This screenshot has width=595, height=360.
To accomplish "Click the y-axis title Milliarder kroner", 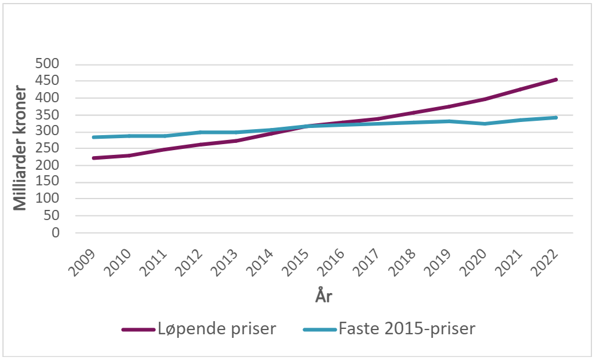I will pyautogui.click(x=21, y=148).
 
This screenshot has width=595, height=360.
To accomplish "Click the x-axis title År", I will pyautogui.click(x=325, y=295).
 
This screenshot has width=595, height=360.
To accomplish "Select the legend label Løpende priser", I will pyautogui.click(x=217, y=329).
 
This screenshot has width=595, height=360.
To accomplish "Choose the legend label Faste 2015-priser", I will pyautogui.click(x=407, y=329).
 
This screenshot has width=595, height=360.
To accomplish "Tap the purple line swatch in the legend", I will pyautogui.click(x=139, y=330).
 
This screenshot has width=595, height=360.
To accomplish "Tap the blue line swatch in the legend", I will pyautogui.click(x=319, y=330).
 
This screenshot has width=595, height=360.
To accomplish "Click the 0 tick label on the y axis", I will pyautogui.click(x=56, y=233).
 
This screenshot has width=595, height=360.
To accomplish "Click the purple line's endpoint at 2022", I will pyautogui.click(x=556, y=80).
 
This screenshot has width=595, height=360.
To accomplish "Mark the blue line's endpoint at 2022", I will pyautogui.click(x=556, y=117).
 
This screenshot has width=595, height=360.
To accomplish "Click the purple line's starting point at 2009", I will pyautogui.click(x=94, y=158).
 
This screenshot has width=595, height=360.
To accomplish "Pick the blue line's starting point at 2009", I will pyautogui.click(x=94, y=137).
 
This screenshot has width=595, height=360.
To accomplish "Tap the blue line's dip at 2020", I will pyautogui.click(x=485, y=124).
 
